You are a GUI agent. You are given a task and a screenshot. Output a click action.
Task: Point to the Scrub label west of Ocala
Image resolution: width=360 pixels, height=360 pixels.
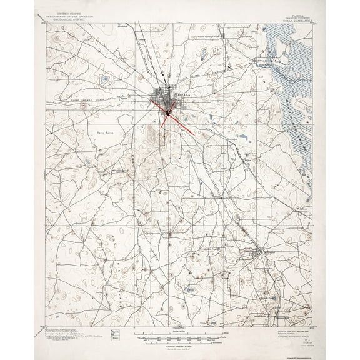click(104, 132)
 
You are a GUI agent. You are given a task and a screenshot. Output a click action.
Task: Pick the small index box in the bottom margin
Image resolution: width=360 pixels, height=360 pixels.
click(114, 334)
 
